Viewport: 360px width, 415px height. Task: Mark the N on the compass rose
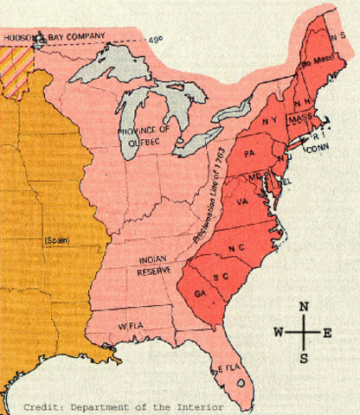pos(303,307)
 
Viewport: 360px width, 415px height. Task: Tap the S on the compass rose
pos(303,358)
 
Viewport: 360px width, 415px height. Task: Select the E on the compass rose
pos(327,332)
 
